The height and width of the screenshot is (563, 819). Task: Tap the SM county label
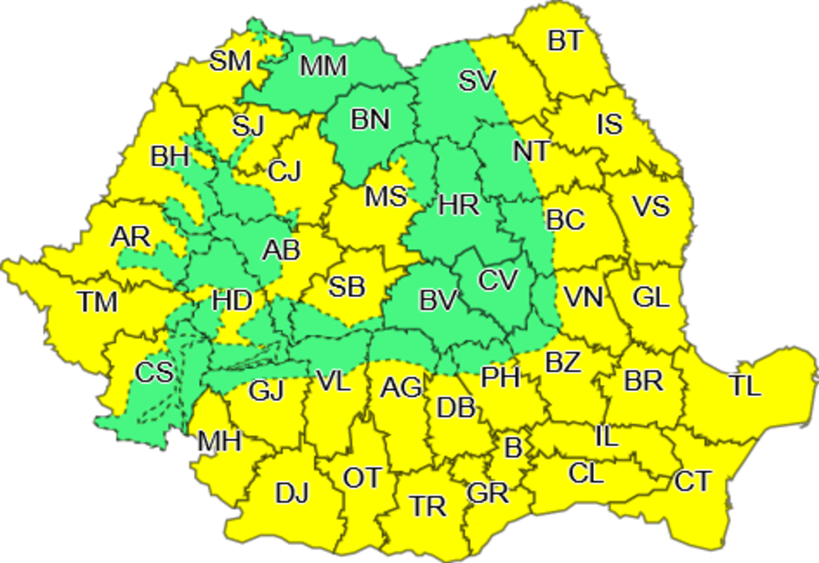click(x=229, y=61)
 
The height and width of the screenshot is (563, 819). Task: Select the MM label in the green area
click(x=324, y=66)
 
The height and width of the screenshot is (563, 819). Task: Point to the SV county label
click(x=477, y=81)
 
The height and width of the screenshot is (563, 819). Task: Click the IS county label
click(x=609, y=124)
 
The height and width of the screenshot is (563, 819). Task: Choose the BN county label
click(x=370, y=119)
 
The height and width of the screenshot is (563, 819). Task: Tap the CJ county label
click(x=285, y=172)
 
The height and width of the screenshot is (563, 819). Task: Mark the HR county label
click(x=459, y=205)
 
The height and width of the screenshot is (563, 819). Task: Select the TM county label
click(x=98, y=303)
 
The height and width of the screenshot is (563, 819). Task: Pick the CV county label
click(x=499, y=281)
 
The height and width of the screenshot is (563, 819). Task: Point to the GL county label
click(x=652, y=298)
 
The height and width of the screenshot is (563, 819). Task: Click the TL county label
click(x=745, y=386)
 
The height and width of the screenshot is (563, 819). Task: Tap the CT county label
click(x=694, y=482)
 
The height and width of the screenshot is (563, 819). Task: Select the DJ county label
click(x=292, y=493)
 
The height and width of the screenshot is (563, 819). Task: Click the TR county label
click(x=429, y=507)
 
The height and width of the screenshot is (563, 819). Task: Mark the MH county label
click(x=219, y=443)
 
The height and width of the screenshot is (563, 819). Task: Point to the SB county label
click(x=346, y=287)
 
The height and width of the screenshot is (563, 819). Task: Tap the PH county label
click(x=500, y=377)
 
